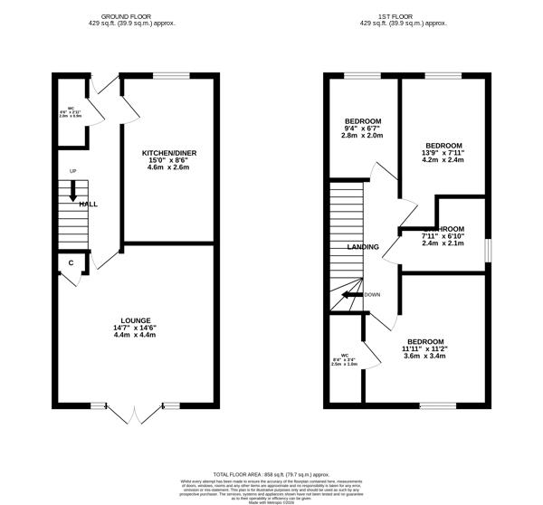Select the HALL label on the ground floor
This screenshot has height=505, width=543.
pos(88,205)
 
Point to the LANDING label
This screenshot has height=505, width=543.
pos(363,246)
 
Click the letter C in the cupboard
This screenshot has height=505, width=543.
pos(70,263)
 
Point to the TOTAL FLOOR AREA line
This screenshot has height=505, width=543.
pos(271,473)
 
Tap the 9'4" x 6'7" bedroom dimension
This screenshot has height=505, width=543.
pos(363,129)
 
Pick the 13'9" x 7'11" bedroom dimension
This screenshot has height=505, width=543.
pos(444,154)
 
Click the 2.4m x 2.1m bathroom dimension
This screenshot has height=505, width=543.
pos(443,243)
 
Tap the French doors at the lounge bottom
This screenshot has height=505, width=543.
pos(135,409)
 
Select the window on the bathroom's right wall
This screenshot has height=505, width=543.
pos(490,249)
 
